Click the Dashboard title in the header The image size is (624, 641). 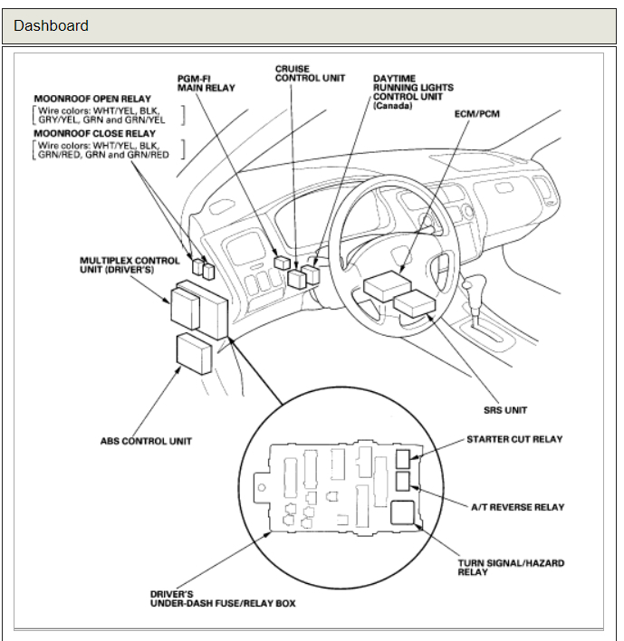coord(51,25)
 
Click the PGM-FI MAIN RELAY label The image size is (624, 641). coord(206,83)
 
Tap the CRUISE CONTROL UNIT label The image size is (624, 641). coord(310,73)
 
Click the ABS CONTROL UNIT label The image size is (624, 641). coord(146,442)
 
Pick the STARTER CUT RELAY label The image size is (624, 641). coord(514,439)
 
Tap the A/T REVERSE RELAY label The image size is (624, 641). coord(517,507)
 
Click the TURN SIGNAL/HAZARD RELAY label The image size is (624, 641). coord(511,568)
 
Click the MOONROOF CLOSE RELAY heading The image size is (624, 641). coord(94,133)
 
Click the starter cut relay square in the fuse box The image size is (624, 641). coord(403,457)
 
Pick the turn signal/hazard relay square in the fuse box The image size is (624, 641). coord(403,515)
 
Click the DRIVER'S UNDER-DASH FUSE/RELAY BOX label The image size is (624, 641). coord(223,598)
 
